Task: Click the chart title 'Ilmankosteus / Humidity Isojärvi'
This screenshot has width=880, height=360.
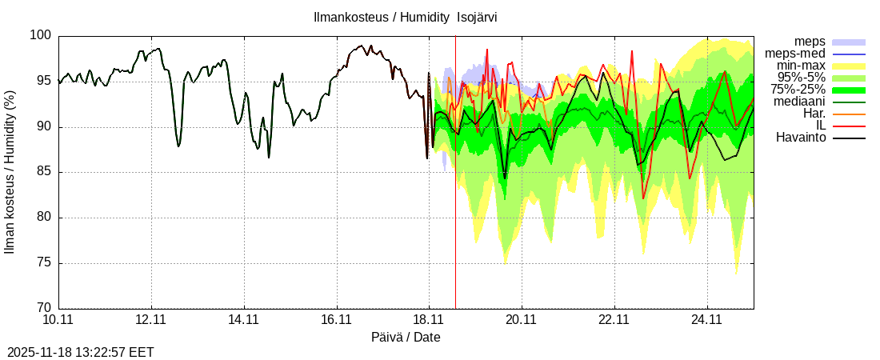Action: tap(406, 18)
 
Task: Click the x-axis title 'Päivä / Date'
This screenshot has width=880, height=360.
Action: tap(406, 338)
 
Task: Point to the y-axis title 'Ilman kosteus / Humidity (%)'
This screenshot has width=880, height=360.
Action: tap(10, 172)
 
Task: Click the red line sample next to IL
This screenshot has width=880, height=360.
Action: tap(849, 126)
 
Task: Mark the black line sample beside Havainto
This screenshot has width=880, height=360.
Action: tap(849, 138)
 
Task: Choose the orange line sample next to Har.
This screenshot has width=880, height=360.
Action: tap(849, 114)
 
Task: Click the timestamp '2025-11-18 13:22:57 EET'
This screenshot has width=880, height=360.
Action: tap(81, 352)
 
